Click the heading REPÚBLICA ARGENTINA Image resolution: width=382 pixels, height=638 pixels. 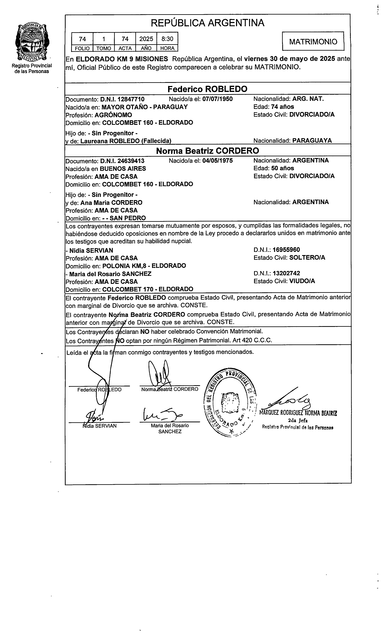coord(208,23)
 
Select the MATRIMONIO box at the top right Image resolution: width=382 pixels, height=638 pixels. coord(313,41)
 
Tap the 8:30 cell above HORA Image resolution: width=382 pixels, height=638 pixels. coord(167,39)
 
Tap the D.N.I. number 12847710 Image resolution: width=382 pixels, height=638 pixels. coord(131,99)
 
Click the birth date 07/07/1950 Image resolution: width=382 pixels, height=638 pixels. coord(218,99)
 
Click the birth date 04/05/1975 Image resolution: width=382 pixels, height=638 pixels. coord(218,161)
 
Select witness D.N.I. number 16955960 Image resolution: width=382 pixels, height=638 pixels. coord(286,250)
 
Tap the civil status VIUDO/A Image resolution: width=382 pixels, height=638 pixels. coord(302,281)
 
